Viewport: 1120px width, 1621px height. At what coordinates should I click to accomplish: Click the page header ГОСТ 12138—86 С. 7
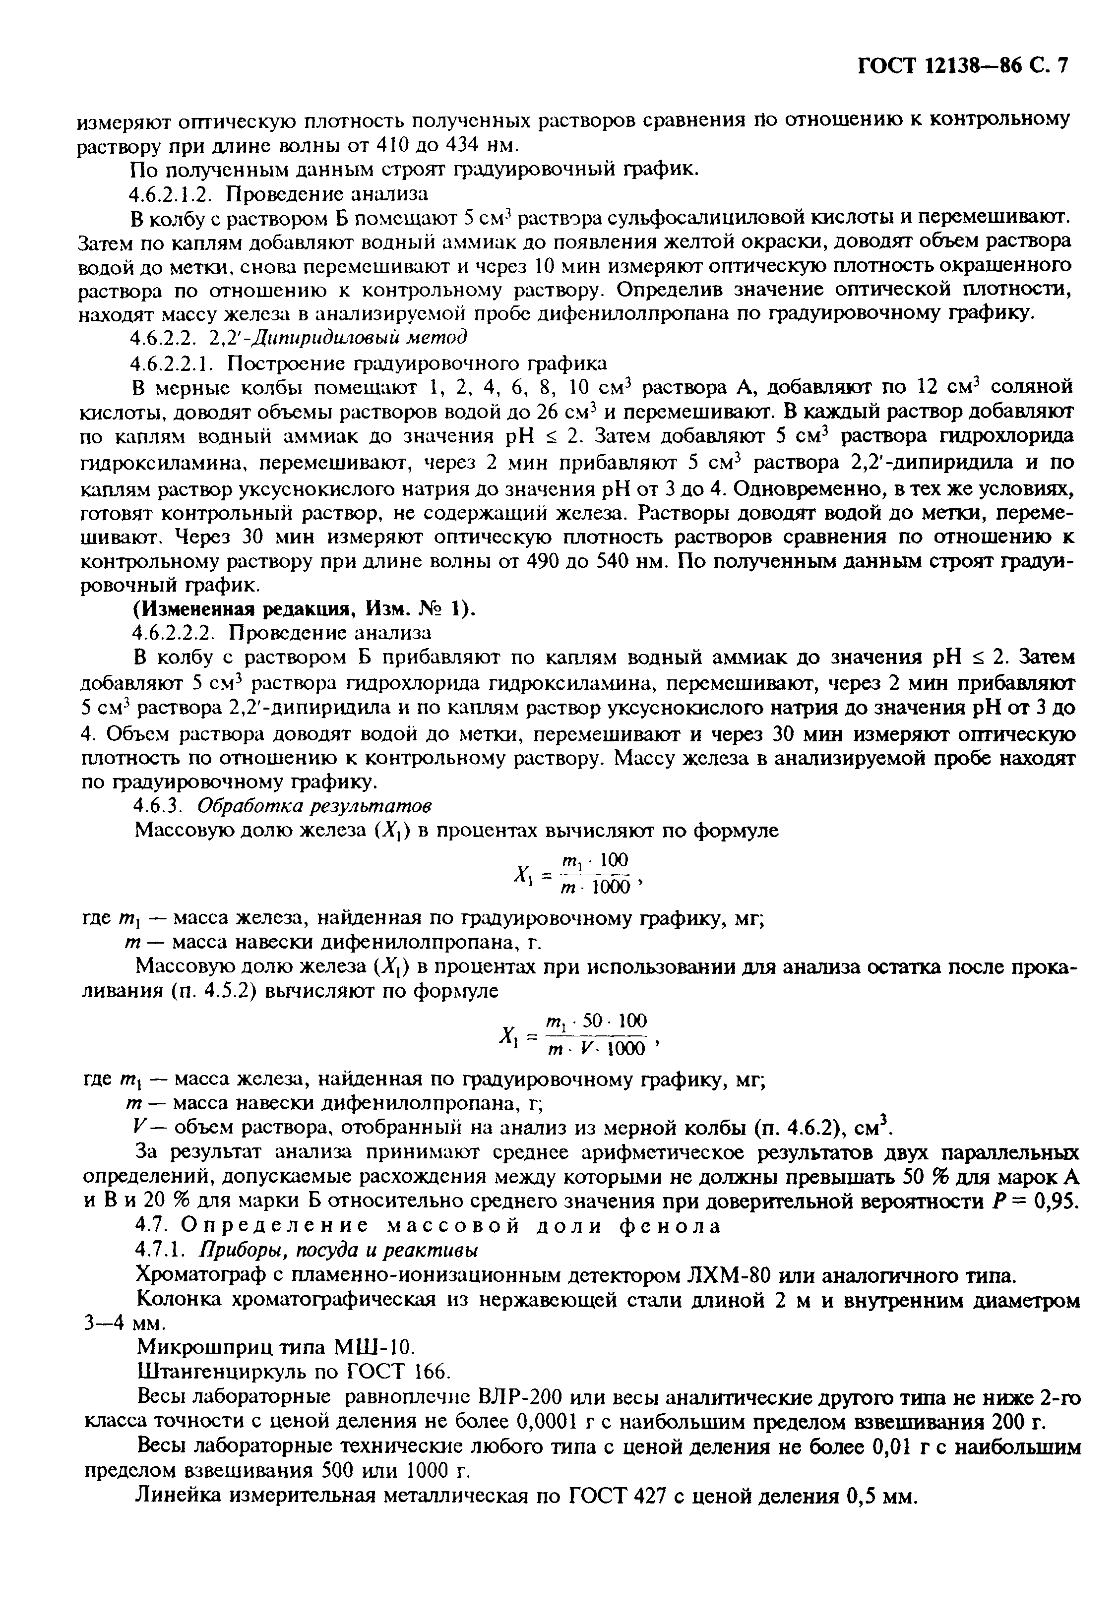point(962,66)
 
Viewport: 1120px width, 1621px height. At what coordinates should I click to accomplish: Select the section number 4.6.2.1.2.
point(176,193)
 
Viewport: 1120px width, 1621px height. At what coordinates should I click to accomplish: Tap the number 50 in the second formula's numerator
point(592,1020)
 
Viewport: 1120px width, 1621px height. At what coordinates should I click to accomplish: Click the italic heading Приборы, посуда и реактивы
point(340,1250)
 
